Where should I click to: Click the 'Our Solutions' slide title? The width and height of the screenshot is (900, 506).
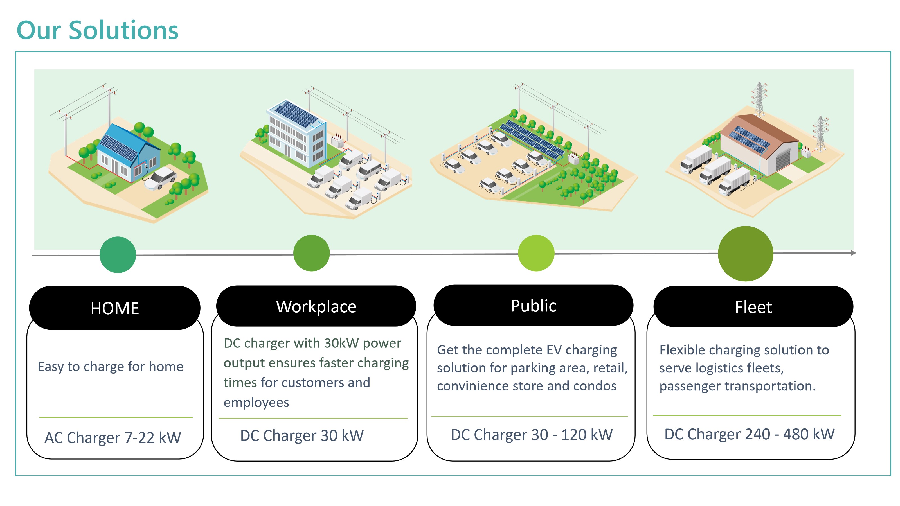[98, 30]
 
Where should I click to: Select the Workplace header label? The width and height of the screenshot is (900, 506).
[316, 307]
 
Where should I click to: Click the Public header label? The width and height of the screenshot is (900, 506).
[533, 306]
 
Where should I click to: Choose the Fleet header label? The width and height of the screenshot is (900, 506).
[753, 307]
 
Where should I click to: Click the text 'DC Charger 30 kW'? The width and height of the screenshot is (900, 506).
[302, 435]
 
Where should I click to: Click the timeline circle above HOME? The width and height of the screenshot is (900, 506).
[118, 255]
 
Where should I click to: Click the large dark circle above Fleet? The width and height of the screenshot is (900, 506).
[745, 254]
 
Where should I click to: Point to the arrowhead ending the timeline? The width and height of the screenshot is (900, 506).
[853, 253]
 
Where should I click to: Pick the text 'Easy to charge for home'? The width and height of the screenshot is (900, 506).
[111, 367]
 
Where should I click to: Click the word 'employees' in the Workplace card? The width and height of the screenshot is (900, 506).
[256, 403]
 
